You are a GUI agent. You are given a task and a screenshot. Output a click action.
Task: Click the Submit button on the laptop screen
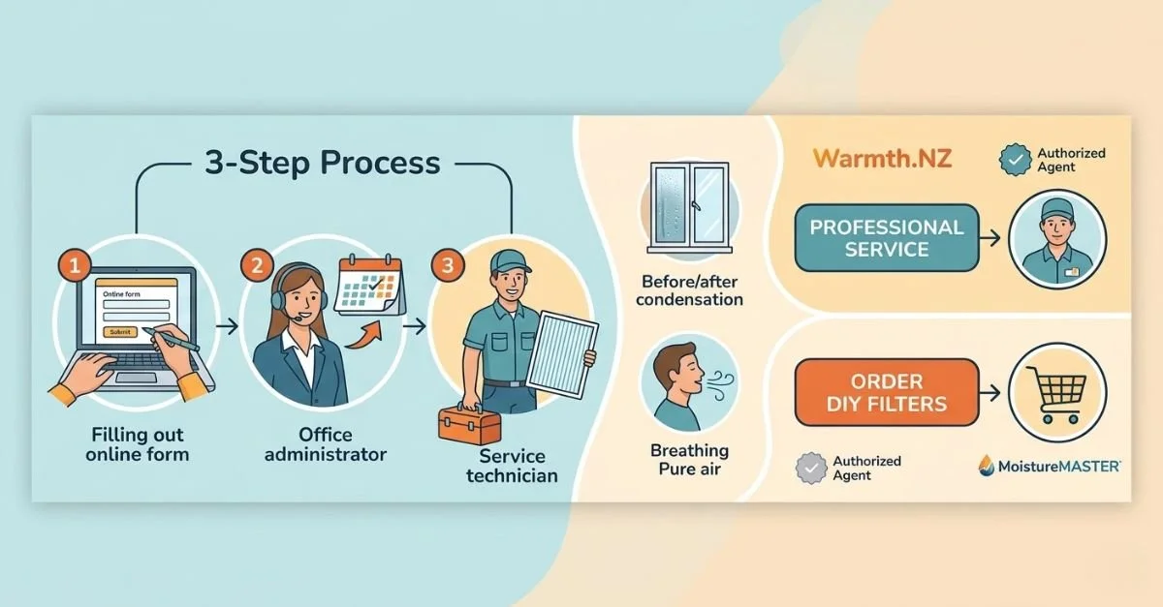(x=118, y=332)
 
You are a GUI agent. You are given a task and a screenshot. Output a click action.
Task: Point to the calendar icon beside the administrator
(x=368, y=285)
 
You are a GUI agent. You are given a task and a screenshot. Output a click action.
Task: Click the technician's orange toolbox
(x=469, y=424)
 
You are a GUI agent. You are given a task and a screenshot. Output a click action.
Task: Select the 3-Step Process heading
(x=322, y=163)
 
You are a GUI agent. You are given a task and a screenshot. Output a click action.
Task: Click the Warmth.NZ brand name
(x=882, y=158)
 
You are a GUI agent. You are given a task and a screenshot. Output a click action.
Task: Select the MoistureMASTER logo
(x=1048, y=466)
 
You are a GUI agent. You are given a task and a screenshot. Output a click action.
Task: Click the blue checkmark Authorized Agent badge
(x=1016, y=161)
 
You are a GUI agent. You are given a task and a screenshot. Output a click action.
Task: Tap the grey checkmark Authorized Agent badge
(x=810, y=469)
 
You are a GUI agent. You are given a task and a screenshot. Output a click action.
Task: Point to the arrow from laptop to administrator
(x=227, y=326)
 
